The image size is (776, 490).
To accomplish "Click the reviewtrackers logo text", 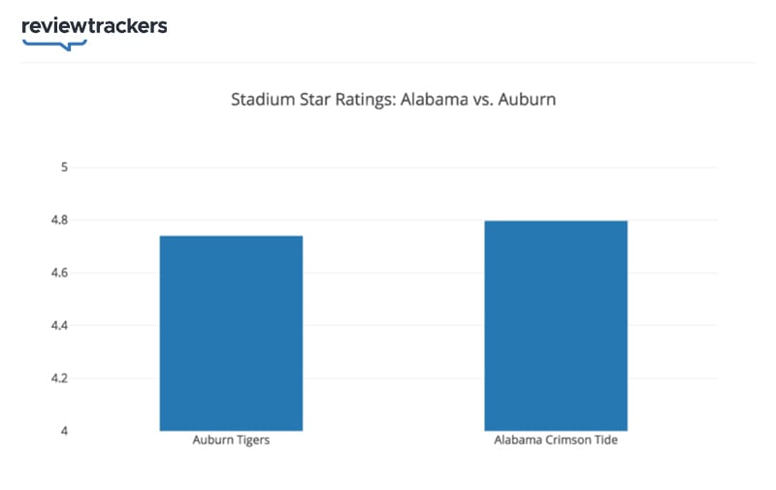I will (x=94, y=26).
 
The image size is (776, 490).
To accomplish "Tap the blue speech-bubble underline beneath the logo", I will (x=54, y=45).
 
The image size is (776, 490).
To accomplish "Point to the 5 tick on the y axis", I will (x=64, y=168).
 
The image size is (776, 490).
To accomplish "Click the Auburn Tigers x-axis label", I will (x=231, y=441).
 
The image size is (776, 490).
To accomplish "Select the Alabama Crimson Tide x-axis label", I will (x=556, y=441).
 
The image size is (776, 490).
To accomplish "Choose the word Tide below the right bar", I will (x=606, y=441).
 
